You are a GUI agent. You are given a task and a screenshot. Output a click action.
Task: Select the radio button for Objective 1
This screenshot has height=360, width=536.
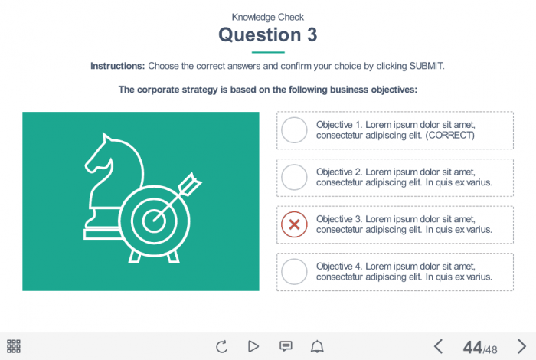coord(294,130)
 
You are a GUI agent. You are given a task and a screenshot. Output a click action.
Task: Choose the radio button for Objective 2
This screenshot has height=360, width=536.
coord(294,177)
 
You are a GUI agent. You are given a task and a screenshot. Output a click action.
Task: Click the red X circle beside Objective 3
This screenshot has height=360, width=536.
coord(294,224)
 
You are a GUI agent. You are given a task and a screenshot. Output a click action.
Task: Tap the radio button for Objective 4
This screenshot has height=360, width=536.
coord(294,271)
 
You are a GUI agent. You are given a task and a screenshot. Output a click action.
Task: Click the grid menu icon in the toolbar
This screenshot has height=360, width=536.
coord(14,346)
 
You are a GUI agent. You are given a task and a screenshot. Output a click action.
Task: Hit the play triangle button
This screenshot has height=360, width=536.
coord(253,346)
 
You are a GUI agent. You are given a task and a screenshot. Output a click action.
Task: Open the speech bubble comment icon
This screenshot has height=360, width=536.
coord(286,346)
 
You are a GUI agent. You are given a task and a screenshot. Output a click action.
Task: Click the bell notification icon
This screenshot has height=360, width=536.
coord(317,346)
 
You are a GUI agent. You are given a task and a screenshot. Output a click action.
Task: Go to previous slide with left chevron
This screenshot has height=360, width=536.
coord(438,346)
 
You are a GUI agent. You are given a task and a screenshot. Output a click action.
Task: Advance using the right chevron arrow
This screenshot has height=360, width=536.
coord(521,346)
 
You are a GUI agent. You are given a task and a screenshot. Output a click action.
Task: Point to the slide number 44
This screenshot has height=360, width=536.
coord(472,347)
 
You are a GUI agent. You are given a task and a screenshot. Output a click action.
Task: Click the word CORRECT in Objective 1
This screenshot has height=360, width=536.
coord(450,136)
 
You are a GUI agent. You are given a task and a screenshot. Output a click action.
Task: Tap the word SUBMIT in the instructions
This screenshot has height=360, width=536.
coord(426,66)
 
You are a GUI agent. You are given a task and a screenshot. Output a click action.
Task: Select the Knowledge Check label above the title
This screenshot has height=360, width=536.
coord(268,17)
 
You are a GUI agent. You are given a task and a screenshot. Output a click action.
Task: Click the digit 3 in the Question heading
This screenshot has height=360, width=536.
coord(312,35)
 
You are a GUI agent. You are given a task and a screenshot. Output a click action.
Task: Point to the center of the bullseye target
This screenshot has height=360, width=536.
coord(154,221)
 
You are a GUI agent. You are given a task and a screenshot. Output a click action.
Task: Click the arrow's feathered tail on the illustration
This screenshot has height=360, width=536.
coord(190,185)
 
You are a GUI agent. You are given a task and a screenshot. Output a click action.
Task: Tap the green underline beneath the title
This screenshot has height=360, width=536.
coord(268,52)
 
